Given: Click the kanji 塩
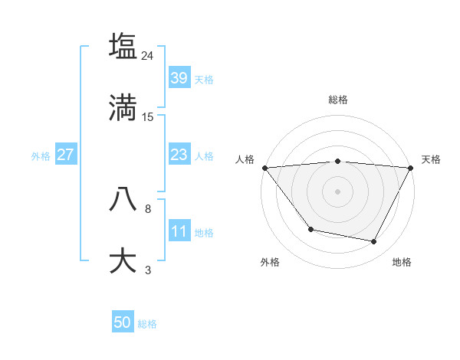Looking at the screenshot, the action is (123, 45).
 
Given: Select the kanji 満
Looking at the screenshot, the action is (123, 107).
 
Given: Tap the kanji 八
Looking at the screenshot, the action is (123, 198).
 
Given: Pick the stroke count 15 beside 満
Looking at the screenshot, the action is (148, 117).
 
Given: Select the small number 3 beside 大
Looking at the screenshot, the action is (148, 270).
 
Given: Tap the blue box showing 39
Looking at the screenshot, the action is (179, 77).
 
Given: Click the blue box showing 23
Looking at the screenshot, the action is (179, 155).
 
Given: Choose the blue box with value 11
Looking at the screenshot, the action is (179, 231).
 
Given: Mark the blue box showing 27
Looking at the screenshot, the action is (65, 155).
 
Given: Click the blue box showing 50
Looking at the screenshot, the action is (123, 322).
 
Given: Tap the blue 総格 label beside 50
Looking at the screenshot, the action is (147, 324).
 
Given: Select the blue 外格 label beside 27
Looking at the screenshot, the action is (41, 156).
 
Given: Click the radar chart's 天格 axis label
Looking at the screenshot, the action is (431, 159).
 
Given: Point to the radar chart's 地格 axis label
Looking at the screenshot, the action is (402, 262).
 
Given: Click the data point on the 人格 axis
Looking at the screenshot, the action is (264, 167).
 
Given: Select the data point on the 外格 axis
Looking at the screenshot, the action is (310, 229).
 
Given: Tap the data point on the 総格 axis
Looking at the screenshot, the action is (337, 161).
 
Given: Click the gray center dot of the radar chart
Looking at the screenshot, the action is (337, 191).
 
